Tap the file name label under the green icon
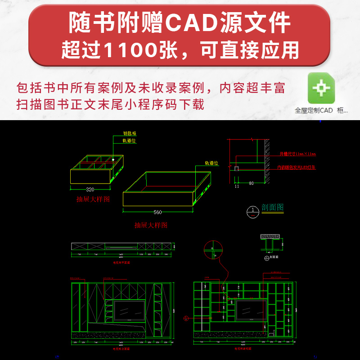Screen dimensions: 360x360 321,110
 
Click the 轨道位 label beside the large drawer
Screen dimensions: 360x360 211,163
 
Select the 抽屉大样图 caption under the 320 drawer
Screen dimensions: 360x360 93,199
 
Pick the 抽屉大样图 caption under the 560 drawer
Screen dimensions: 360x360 151,225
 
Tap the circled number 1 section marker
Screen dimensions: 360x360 253,210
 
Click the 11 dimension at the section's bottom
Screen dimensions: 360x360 237,185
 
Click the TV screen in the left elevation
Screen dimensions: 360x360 129,311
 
